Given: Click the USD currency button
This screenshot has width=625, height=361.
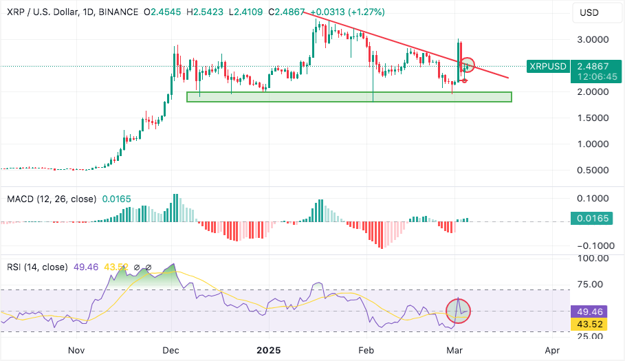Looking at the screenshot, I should click(x=591, y=12).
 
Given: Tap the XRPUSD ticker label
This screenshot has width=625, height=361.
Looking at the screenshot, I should click(x=547, y=66).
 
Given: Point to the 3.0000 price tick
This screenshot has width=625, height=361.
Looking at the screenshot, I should click(x=593, y=40).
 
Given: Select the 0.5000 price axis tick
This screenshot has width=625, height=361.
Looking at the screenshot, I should click(x=593, y=170).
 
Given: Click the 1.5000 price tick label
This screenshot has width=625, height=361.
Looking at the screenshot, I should click(x=593, y=118).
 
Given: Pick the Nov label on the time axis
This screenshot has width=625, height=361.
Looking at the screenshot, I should click(x=76, y=350).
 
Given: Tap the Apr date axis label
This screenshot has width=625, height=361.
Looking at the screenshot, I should click(x=552, y=350).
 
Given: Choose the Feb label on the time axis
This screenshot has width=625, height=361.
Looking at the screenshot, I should click(x=366, y=350).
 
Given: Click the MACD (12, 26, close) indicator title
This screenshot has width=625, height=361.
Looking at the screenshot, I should click(x=52, y=199).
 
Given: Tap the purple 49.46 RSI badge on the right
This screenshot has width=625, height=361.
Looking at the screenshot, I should click(x=591, y=311).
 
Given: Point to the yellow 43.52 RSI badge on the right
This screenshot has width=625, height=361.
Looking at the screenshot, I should click(x=591, y=323).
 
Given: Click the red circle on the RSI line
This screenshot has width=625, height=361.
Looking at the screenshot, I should click(x=458, y=310).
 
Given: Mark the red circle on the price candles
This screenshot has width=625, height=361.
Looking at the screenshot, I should click(x=468, y=66).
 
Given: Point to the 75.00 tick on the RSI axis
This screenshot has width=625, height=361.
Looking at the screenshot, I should click(x=593, y=284).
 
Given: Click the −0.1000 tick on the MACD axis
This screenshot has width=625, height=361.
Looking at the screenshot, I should click(x=592, y=245).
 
